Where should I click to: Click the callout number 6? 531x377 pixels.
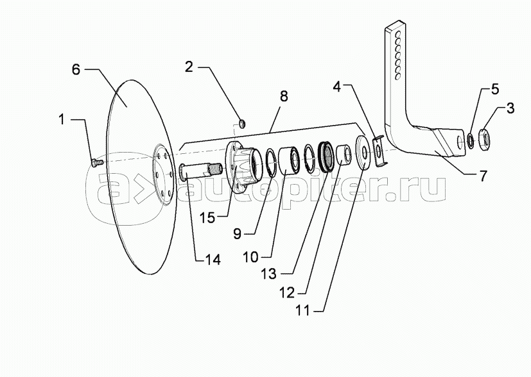click(x=76, y=70)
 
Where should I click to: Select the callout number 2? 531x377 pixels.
click(x=189, y=66)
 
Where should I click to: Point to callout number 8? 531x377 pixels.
click(x=283, y=96)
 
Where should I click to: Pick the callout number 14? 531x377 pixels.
click(x=212, y=260)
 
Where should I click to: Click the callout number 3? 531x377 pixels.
click(x=509, y=108)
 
